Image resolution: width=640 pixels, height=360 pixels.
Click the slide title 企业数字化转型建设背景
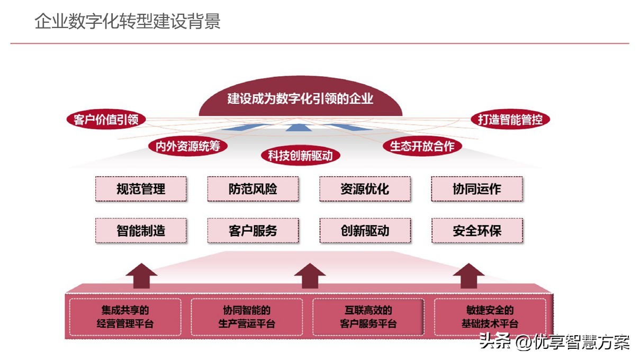coord(128,22)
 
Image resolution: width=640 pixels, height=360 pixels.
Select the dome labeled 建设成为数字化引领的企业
coord(300,99)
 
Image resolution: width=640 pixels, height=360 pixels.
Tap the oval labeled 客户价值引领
coord(106,120)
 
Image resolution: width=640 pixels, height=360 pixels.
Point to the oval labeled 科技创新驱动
coord(300,155)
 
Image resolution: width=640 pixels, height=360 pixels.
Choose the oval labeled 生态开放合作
coord(422,146)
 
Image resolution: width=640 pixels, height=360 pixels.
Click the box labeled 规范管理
coord(141,189)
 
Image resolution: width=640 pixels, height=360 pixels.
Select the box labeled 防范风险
coord(253,189)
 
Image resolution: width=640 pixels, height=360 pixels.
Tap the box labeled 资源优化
coord(365,189)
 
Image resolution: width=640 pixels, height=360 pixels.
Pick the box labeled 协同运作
coord(477,189)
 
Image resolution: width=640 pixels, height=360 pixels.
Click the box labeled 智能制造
coord(141,231)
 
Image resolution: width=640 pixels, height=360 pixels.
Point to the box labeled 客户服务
coord(253,231)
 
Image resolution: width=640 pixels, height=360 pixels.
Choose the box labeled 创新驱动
coord(365,231)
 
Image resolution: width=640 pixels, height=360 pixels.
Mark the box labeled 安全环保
coord(477,231)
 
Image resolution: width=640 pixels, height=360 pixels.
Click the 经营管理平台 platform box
coord(125,317)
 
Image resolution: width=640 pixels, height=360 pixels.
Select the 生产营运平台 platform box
coord(247,317)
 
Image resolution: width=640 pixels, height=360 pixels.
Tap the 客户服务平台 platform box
coord(368,317)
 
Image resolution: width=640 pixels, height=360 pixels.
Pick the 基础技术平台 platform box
coord(490,317)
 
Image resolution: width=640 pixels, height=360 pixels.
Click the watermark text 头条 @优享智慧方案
coord(554,342)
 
